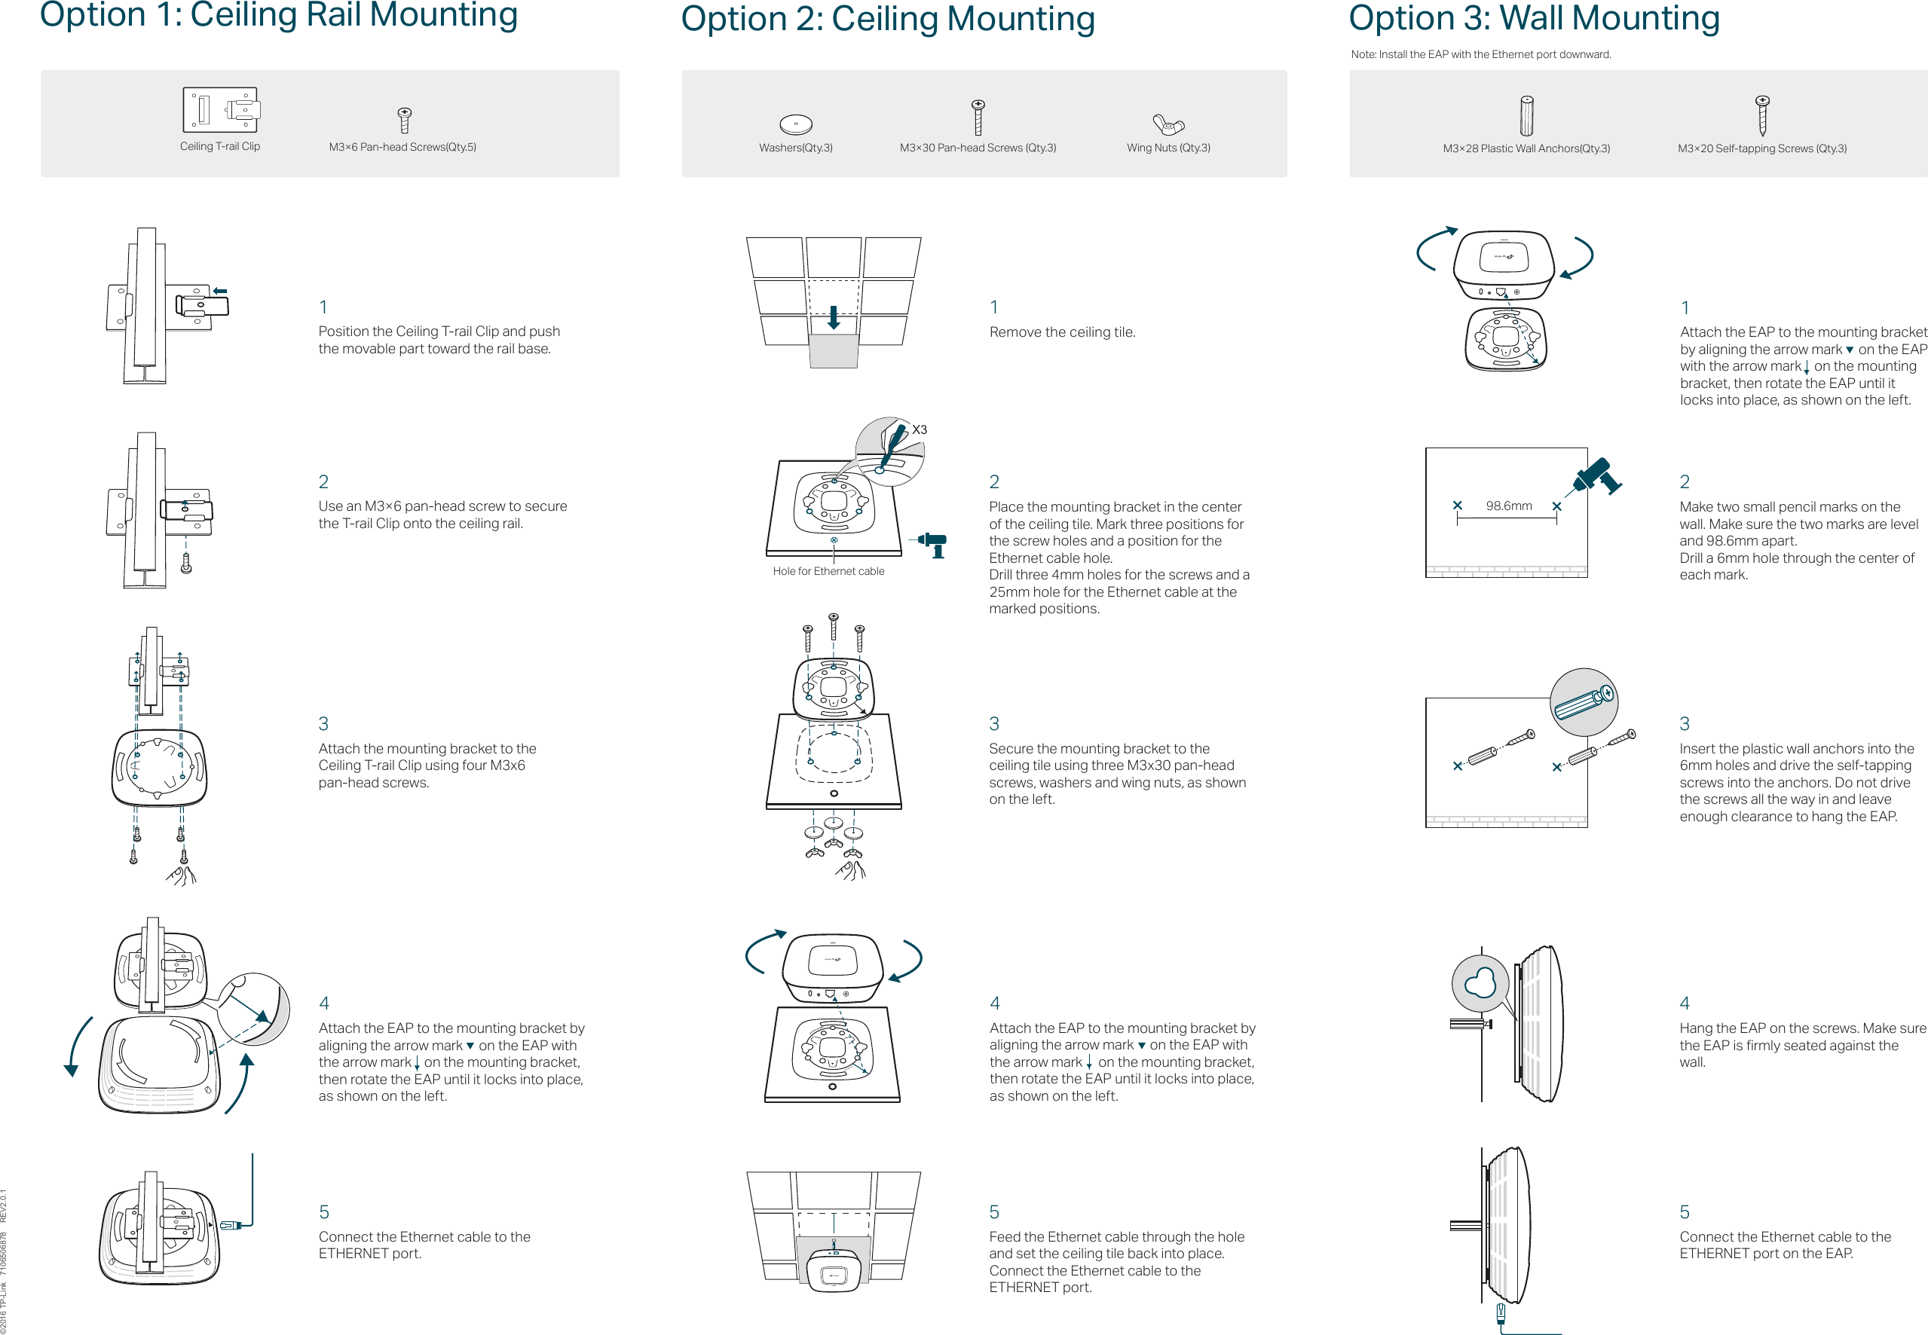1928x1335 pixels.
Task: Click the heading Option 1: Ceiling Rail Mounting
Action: pos(279,15)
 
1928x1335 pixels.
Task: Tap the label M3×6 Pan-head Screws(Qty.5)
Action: pos(402,147)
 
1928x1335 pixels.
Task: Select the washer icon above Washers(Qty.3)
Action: pos(795,124)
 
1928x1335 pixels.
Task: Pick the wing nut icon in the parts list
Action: pos(1168,124)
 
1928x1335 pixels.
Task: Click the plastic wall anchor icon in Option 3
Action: pos(1526,115)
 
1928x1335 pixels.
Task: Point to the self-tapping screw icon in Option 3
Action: pos(1761,115)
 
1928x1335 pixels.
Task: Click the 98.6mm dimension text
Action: pos(1508,506)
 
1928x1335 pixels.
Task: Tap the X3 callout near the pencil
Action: pos(919,430)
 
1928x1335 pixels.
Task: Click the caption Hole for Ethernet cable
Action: pos(828,571)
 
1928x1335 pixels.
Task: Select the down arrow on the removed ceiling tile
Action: pos(834,318)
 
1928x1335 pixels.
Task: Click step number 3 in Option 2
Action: pos(994,723)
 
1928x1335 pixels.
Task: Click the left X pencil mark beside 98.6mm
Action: pos(1457,506)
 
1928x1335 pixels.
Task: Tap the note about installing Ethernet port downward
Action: pos(1480,54)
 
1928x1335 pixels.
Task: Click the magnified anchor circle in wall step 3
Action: pos(1584,702)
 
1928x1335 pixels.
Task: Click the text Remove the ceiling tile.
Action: pos(1062,332)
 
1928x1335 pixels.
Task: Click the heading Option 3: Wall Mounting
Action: pos(1533,18)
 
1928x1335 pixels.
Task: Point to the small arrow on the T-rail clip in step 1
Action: pos(220,291)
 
